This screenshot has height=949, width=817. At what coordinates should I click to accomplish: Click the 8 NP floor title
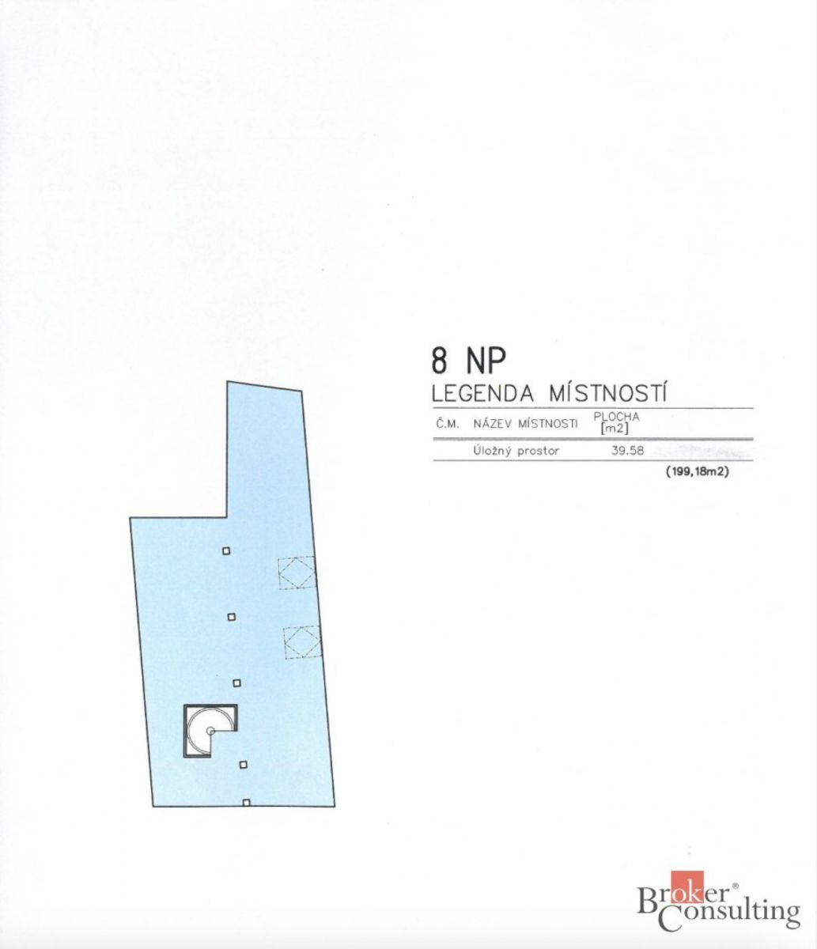(468, 360)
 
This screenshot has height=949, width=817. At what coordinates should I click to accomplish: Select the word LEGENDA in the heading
(482, 394)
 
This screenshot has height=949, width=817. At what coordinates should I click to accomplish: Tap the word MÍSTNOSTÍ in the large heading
(607, 394)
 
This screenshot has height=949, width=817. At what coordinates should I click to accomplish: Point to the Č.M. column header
(448, 424)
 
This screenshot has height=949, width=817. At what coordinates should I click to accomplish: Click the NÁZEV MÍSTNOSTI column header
(525, 424)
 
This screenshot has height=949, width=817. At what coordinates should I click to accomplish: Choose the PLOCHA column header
(616, 417)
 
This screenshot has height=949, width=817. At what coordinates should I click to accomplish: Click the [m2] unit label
(615, 429)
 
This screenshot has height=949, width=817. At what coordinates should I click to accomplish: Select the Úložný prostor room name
(516, 451)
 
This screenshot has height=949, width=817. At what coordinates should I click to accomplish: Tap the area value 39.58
(627, 451)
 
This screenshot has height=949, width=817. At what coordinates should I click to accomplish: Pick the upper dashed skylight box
(297, 572)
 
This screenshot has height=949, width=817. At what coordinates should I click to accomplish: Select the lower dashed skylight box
(303, 642)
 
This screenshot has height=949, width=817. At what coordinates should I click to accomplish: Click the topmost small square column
(226, 551)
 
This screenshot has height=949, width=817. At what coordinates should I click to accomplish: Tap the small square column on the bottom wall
(247, 803)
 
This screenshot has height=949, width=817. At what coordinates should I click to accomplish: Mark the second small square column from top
(232, 617)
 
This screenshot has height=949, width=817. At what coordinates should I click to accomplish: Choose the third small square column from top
(237, 683)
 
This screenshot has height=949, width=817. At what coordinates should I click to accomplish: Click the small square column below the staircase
(244, 765)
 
